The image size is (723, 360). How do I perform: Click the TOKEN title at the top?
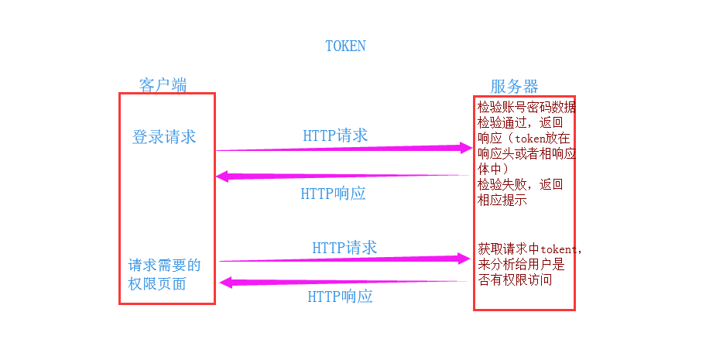coord(345,46)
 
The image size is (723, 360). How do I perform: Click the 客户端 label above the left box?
coord(163,85)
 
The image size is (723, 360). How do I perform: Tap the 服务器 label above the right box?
coord(514,86)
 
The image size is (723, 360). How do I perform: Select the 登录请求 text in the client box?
coord(164,137)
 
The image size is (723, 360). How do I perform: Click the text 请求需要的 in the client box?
coord(164,265)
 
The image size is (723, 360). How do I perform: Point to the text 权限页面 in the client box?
coord(157,283)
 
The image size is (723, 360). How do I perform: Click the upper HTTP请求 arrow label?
coord(335,135)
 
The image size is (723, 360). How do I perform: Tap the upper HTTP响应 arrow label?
coord(333,194)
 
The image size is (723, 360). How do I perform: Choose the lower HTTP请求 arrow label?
coord(344,248)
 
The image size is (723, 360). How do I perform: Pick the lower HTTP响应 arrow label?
coord(340,296)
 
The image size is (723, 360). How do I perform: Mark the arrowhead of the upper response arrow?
coord(221,177)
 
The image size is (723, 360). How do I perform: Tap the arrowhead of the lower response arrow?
coord(225,283)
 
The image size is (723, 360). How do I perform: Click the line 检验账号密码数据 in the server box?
coord(526,107)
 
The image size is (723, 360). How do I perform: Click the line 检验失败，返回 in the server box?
coord(520,184)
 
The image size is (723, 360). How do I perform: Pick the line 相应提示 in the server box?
coord(502,200)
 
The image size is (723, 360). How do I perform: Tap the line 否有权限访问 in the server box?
coord(515,279)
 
